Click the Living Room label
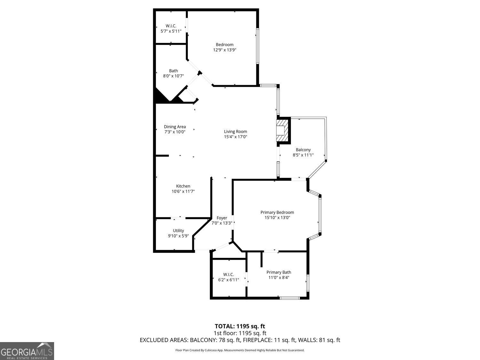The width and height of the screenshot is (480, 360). click(235, 132)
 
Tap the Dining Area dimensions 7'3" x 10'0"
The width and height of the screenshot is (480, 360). click(175, 132)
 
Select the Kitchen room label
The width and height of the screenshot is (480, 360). click(183, 186)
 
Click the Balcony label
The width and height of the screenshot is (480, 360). click(303, 150)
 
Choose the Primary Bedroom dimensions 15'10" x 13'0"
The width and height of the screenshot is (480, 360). click(277, 218)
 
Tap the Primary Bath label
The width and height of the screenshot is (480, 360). click(279, 272)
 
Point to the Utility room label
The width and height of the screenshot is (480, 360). click(178, 231)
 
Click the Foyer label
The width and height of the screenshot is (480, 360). click(222, 218)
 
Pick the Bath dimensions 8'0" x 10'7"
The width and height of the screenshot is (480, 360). click(173, 76)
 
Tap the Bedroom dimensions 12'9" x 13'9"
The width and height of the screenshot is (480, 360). click(225, 50)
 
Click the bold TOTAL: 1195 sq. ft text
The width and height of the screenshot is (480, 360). click(240, 326)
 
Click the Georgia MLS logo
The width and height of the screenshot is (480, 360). click(27, 351)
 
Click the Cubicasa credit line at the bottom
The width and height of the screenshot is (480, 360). click(240, 350)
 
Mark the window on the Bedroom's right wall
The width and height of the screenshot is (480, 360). click(258, 46)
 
